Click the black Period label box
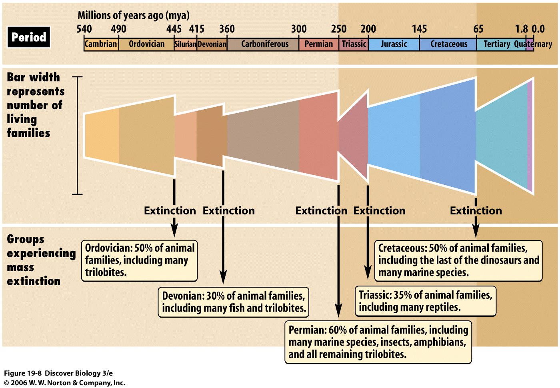point(28,37)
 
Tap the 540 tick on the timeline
point(84,29)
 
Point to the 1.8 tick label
point(521,29)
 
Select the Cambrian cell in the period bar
point(101,44)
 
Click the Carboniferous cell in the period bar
point(264,44)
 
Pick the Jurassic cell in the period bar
point(394,44)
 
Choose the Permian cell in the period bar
point(318,44)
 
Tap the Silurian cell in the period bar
point(185,44)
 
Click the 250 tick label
point(338,29)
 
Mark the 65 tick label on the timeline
point(478,29)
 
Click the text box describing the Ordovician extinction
point(139,260)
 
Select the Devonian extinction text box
point(234,302)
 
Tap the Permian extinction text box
point(378,342)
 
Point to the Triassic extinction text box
point(425,301)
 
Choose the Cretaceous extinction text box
point(458,260)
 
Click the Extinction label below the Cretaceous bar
point(476,211)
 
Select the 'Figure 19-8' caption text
point(23,373)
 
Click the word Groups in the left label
point(26,239)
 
